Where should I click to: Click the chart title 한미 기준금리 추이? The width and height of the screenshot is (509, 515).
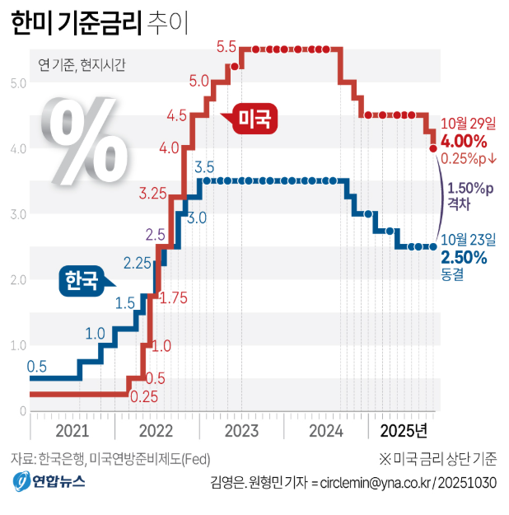point(99,23)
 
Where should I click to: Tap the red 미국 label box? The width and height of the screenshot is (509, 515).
point(254,119)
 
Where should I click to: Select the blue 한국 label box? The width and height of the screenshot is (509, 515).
point(80,281)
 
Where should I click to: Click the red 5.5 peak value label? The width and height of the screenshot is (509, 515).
point(226,47)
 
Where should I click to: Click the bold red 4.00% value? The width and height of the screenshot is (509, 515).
point(465,141)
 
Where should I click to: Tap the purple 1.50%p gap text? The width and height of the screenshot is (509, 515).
point(470,189)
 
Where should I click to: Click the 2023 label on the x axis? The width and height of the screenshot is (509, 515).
point(242,431)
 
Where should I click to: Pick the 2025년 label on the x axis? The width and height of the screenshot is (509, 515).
point(404,431)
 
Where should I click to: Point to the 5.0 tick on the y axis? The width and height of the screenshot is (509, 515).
point(18,83)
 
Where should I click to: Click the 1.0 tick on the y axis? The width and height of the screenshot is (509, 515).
point(18,345)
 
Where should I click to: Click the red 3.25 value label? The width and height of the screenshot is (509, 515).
point(154,194)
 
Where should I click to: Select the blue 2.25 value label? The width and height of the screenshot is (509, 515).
point(138,264)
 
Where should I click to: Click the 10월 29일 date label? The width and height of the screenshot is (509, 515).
point(469,123)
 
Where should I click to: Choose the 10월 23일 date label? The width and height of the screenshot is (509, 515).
point(469,240)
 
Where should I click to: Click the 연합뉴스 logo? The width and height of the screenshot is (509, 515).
point(49,481)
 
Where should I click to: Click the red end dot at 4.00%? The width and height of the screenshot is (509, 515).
point(433,148)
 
